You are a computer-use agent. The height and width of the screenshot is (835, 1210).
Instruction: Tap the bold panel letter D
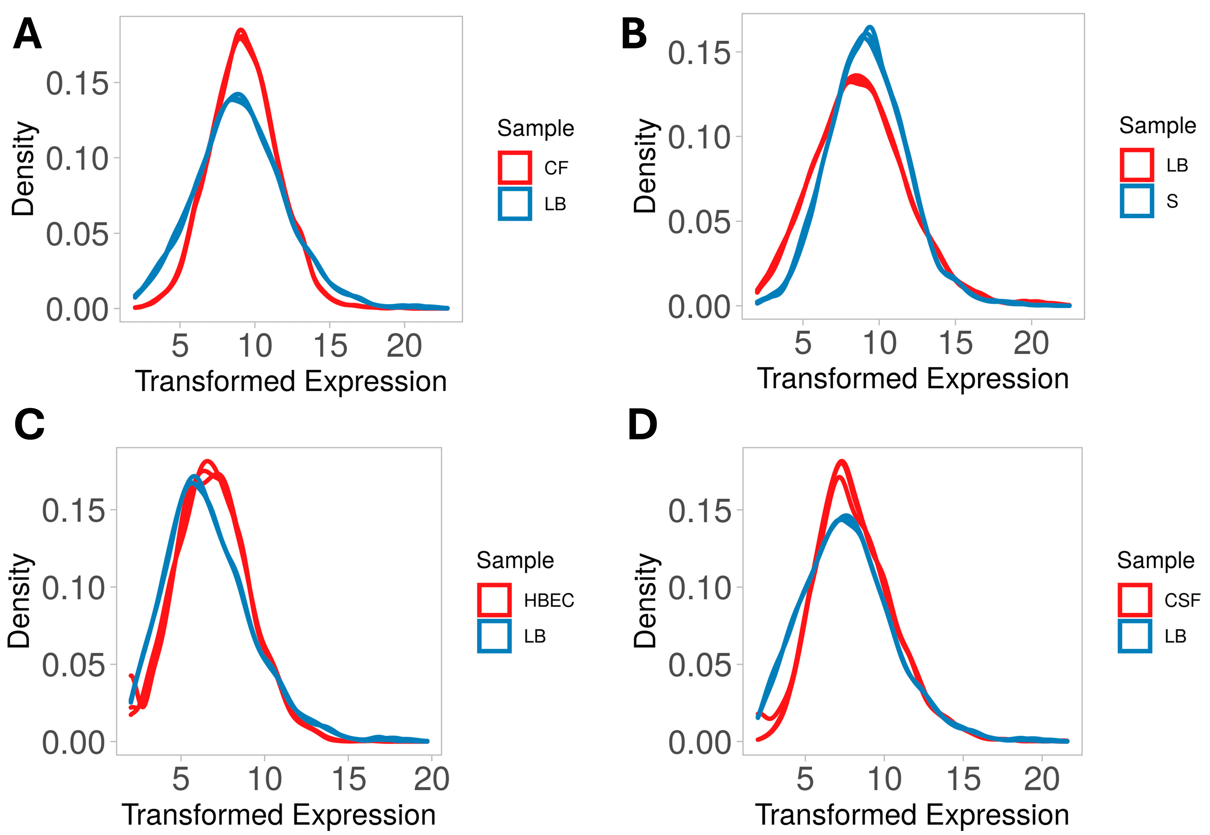pos(642,425)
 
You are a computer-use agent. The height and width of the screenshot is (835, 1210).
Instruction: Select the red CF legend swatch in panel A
pos(515,167)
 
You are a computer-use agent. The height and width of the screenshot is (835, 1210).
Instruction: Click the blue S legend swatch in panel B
pos(1137,201)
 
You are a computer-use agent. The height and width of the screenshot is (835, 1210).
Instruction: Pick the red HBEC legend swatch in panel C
pos(494,600)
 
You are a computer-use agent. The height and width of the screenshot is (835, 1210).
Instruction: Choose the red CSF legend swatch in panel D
pos(1135,600)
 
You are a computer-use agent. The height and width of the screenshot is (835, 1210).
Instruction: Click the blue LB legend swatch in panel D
pos(1135,636)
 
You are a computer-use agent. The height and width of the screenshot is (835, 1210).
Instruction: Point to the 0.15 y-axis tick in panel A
pos(77,83)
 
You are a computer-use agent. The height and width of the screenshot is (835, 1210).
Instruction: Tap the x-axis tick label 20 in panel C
pos(431,780)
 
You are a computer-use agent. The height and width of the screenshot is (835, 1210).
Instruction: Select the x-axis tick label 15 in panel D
pos(963,780)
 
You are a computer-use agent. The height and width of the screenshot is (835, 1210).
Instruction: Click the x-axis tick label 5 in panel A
pos(180,346)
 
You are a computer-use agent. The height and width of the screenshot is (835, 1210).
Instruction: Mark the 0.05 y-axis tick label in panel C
pos(74,665)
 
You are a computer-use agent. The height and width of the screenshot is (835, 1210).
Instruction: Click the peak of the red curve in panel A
pos(241,32)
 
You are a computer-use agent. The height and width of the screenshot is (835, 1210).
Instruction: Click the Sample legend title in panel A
pos(535,128)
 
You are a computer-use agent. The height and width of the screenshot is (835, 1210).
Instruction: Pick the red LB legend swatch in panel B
pos(1137,165)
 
